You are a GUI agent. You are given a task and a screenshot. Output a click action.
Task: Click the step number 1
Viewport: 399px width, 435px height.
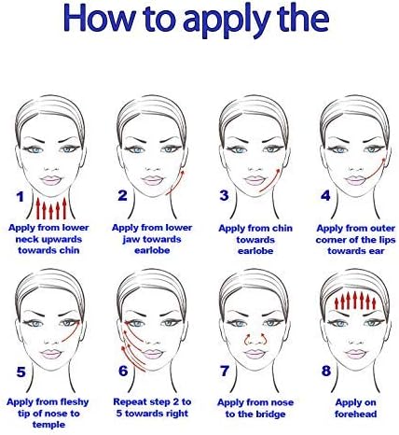point(21,197)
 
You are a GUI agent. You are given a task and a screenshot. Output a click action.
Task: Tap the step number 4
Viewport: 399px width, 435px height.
point(325,196)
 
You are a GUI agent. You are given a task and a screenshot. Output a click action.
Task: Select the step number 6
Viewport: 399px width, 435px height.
point(123,371)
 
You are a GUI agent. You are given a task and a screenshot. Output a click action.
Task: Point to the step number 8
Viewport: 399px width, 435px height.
point(326,371)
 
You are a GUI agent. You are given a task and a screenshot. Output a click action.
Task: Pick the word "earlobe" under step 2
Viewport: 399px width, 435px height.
point(152,250)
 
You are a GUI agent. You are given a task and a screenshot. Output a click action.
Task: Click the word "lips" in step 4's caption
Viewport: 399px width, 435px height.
point(386,240)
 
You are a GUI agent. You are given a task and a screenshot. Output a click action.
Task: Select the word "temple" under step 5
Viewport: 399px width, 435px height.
point(48,425)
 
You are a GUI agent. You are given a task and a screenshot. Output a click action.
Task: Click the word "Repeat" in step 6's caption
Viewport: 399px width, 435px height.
point(128,402)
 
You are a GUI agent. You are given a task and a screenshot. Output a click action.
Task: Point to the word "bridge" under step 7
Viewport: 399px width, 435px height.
point(269,414)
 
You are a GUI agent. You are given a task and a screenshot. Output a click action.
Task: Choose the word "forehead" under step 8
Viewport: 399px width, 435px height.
point(355,414)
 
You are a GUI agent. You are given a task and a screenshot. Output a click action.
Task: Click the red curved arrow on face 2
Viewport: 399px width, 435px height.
point(177,184)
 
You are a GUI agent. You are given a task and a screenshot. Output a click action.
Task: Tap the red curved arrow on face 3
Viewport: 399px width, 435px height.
point(270,181)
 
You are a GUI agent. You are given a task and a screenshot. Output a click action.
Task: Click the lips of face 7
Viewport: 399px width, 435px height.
point(255,354)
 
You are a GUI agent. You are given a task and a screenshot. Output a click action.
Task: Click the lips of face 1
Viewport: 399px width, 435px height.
point(51,180)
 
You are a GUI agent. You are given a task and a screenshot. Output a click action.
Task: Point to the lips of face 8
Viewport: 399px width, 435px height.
point(355,354)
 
